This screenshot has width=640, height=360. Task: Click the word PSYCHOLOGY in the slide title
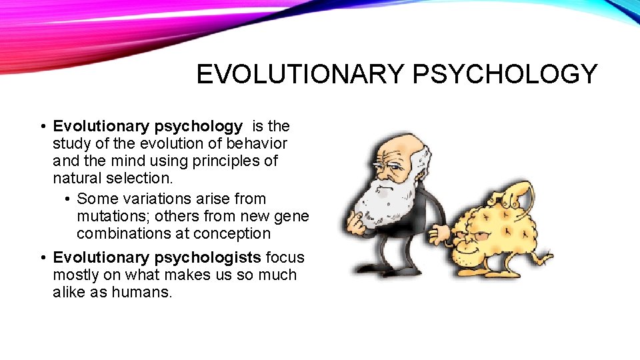(505, 74)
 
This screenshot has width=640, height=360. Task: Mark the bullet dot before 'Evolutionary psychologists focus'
(42, 258)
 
